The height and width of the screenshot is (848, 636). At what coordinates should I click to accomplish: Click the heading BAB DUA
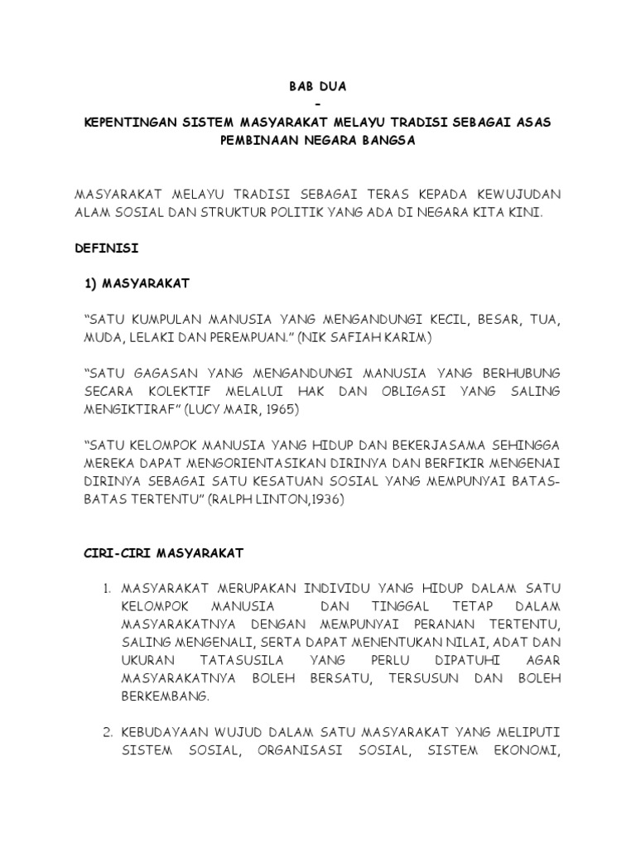coord(318,85)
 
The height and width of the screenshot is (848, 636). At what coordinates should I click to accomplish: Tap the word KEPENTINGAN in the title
coord(128,122)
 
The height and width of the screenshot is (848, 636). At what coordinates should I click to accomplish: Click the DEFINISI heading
coord(107,248)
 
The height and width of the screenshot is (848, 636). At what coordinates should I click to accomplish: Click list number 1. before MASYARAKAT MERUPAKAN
coord(107,588)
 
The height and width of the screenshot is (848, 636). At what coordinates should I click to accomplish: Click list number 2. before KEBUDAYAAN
coord(107,732)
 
